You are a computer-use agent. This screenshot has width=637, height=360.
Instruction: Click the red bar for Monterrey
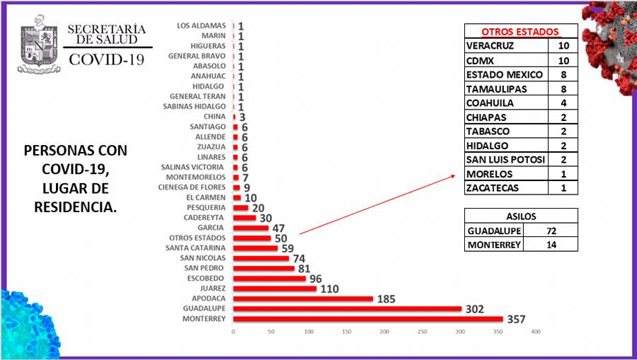[368, 319]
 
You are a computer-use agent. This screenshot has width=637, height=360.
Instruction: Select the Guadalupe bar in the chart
[347, 309]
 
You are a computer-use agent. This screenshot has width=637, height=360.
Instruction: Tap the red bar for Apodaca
[303, 298]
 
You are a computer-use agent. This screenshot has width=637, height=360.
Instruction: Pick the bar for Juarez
[275, 289]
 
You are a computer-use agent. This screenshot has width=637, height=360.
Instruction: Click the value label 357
[516, 319]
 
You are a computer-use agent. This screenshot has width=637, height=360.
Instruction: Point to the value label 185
[386, 298]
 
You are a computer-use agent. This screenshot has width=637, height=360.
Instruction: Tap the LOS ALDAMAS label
[201, 26]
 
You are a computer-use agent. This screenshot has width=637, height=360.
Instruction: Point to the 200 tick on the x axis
[384, 332]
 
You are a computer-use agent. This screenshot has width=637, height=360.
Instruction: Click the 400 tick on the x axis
[536, 332]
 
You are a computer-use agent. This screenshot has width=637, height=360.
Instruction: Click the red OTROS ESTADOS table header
[520, 32]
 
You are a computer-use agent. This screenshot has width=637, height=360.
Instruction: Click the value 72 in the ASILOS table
[551, 231]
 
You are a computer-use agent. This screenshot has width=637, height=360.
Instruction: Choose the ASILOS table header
[521, 216]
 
